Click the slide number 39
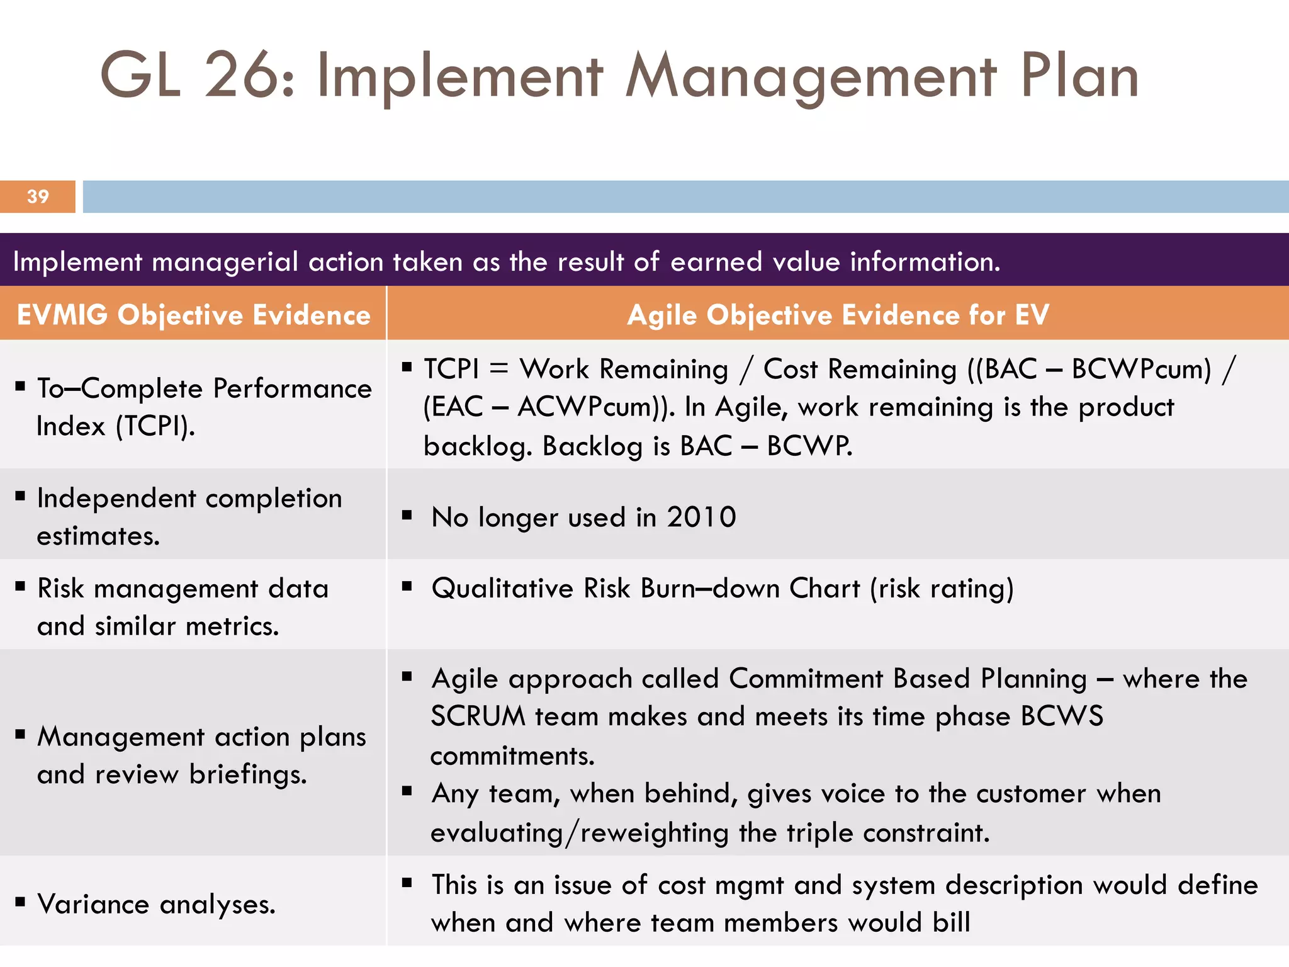click(38, 196)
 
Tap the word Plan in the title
click(1079, 76)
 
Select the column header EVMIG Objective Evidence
click(193, 315)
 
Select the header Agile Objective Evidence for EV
click(838, 315)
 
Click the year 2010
click(701, 517)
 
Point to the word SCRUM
click(478, 716)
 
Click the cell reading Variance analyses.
click(156, 904)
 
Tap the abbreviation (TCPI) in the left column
click(155, 426)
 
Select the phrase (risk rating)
click(942, 588)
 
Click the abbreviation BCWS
click(1062, 716)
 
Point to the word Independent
click(116, 498)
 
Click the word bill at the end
click(951, 923)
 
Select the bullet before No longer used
click(407, 516)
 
